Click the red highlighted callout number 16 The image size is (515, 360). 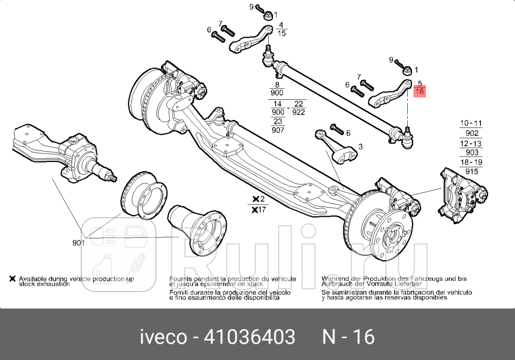click(x=419, y=92)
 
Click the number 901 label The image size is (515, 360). click(x=79, y=243)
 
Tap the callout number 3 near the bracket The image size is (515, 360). click(x=360, y=147)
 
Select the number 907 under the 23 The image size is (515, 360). click(x=278, y=130)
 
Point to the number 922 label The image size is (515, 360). click(x=298, y=113)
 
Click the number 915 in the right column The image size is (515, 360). click(x=471, y=172)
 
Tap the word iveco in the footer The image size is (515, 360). click(x=162, y=337)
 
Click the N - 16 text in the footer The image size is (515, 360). click(x=348, y=337)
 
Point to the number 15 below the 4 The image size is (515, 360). click(x=281, y=33)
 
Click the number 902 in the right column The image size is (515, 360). click(x=471, y=133)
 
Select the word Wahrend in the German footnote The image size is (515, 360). click(x=336, y=278)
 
